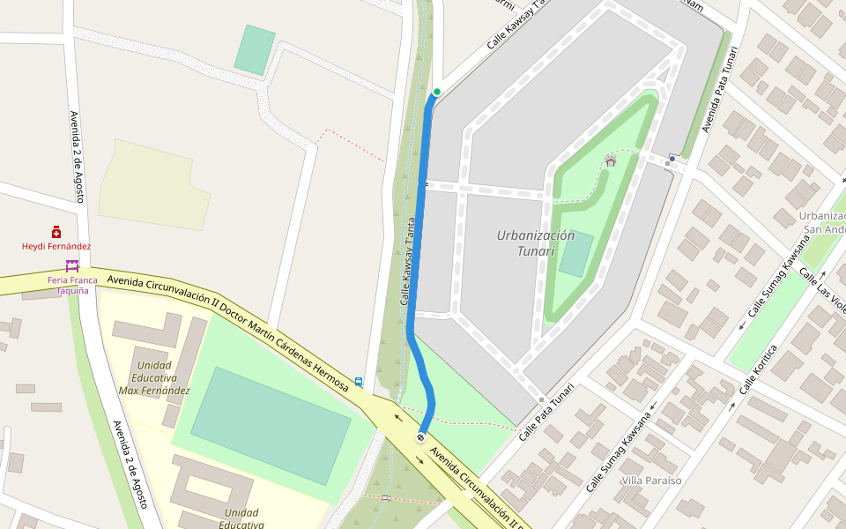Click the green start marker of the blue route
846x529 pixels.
436,92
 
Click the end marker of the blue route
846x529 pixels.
420,436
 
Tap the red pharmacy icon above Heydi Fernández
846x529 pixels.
56,232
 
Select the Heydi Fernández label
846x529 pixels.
56,247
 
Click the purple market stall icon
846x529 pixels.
72,265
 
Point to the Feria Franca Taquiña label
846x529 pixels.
72,285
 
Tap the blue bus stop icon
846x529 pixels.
359,382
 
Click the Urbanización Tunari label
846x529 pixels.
535,242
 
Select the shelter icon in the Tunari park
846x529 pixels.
610,160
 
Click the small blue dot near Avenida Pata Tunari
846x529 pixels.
672,159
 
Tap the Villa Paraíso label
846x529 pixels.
652,481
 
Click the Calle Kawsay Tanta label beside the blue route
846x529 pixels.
408,261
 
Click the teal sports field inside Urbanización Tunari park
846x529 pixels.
575,255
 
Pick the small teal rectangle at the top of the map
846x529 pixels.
255,50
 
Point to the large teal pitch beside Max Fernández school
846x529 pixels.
271,427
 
